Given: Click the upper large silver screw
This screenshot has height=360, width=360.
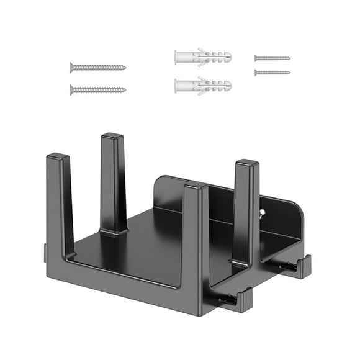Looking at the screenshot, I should (97, 67).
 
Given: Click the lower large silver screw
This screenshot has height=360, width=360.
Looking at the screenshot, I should (97, 89).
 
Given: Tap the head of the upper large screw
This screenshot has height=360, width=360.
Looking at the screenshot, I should (71, 67).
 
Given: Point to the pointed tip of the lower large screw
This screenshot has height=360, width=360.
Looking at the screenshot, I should (124, 89).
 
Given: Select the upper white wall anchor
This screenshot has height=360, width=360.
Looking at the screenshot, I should (202, 57).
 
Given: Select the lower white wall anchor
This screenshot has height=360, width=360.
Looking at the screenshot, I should (202, 85).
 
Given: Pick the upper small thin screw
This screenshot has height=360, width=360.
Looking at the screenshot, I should (272, 58).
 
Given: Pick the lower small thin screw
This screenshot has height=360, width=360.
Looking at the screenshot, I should (272, 72).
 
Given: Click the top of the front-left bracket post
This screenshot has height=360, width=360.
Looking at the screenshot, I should (57, 156).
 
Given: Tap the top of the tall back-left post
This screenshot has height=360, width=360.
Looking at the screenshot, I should (112, 136).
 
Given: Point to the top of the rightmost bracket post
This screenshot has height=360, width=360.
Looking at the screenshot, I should (246, 163).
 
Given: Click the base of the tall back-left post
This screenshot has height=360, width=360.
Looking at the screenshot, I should (114, 231).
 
